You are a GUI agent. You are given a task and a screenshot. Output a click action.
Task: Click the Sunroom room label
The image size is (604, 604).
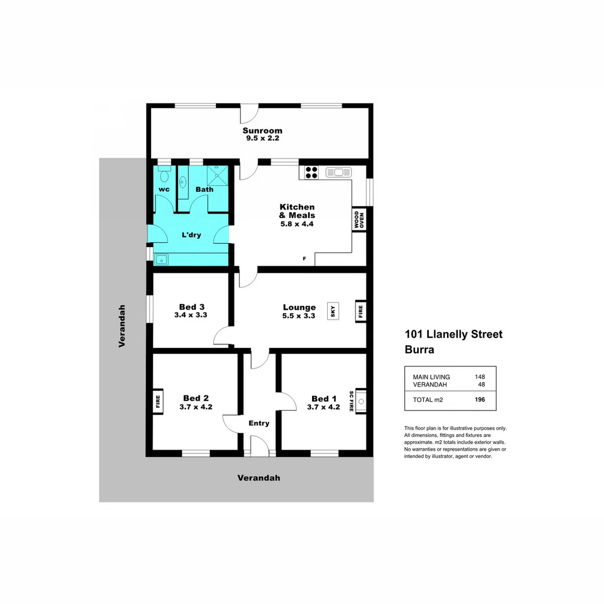click(262, 131)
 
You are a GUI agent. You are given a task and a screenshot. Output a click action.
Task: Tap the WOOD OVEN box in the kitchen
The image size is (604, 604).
click(358, 220)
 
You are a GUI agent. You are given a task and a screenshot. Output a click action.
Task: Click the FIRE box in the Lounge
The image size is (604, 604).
click(360, 311)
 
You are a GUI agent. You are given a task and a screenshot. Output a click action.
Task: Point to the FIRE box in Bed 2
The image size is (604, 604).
click(158, 401)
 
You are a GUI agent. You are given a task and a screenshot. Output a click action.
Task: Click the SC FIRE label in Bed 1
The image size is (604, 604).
click(351, 401)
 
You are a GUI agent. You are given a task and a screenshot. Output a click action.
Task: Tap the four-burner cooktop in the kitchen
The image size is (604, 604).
click(311, 172)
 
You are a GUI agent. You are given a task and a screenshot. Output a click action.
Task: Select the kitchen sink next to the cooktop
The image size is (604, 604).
click(338, 172)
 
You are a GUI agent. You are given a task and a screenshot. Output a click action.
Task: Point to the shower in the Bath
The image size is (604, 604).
click(214, 174)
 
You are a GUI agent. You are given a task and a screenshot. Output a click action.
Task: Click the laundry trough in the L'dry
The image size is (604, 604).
click(162, 259)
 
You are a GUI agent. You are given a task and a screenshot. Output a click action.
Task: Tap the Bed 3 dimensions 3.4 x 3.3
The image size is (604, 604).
click(191, 315)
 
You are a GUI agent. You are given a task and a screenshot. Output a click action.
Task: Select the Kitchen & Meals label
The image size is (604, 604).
click(297, 211)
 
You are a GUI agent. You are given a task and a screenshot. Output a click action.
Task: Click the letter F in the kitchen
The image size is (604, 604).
click(304, 258)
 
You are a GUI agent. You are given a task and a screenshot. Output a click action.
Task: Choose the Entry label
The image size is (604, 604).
click(259, 423)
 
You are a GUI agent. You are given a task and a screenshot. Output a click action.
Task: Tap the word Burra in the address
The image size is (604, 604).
click(419, 350)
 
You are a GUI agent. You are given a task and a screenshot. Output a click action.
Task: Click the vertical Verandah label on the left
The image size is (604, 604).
click(122, 326)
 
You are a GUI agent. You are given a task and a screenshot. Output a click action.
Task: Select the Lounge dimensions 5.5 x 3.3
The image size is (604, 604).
click(299, 316)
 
